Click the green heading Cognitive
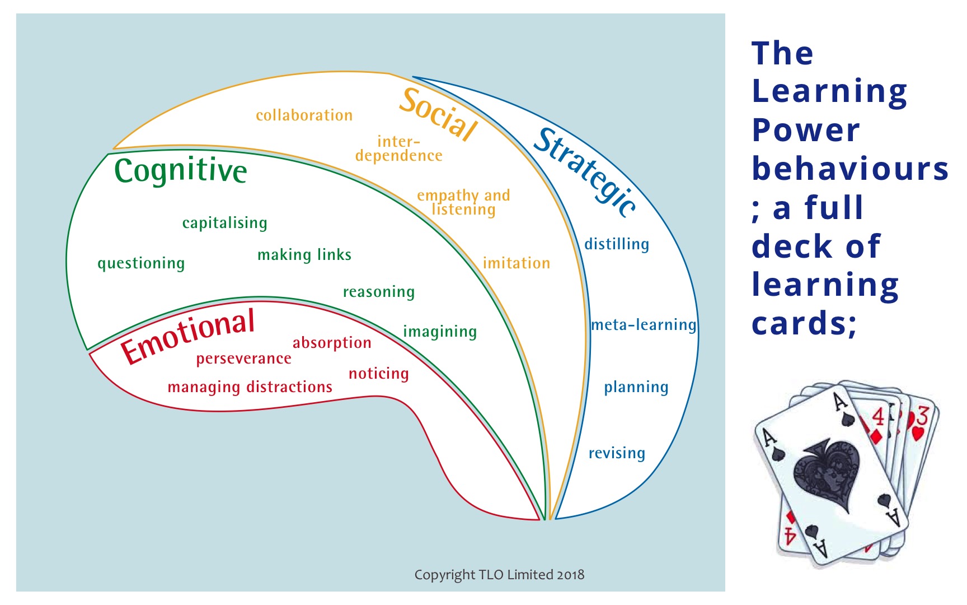pos(180,170)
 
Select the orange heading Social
pos(438,114)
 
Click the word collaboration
pos(304,115)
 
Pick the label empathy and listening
pos(463,202)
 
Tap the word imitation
pos(517,263)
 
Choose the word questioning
pos(141,263)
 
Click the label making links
pos(304,255)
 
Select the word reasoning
pos(379,292)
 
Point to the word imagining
pos(440,332)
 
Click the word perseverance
pos(243,359)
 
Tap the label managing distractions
pos(250,387)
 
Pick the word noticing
pos(379,374)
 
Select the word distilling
pos(617,244)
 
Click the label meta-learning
pos(644,325)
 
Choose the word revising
pos(617,453)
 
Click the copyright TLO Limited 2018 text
pos(499,575)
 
